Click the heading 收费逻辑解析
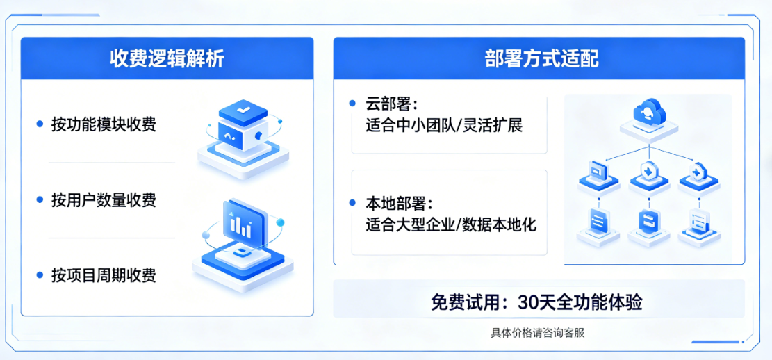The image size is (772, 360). (x=167, y=58)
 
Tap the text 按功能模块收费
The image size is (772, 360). (x=104, y=124)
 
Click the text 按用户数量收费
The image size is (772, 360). (x=104, y=200)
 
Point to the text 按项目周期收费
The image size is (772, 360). (x=104, y=275)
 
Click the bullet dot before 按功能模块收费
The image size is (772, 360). (x=40, y=124)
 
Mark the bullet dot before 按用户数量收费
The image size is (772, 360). (x=40, y=200)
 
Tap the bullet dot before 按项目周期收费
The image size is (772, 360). (x=40, y=275)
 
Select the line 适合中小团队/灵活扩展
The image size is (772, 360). (x=444, y=126)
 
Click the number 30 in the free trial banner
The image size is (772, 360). (x=529, y=303)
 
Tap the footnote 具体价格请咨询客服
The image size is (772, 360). (x=538, y=333)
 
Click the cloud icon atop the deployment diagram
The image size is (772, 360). (x=649, y=111)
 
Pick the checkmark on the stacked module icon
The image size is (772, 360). (x=242, y=111)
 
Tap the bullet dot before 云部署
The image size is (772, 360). (x=353, y=104)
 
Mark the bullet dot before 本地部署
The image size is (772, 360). (x=353, y=204)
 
